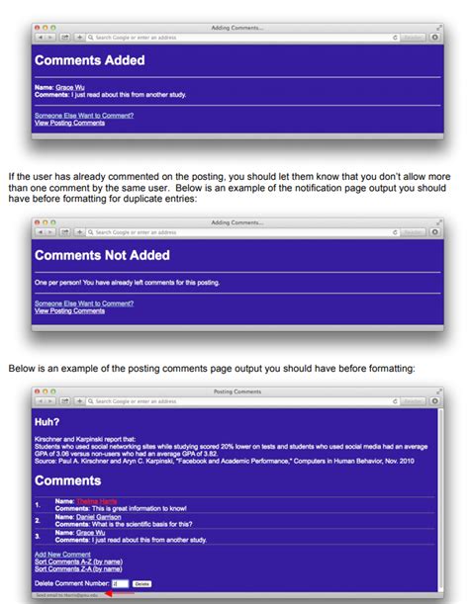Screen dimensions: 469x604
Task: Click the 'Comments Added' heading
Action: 89,60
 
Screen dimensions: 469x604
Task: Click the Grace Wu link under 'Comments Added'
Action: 70,87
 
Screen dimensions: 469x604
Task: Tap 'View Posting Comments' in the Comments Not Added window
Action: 69,311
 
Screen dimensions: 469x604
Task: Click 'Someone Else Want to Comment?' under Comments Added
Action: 83,116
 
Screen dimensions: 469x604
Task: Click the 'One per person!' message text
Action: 127,283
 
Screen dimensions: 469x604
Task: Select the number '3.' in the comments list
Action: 38,535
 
